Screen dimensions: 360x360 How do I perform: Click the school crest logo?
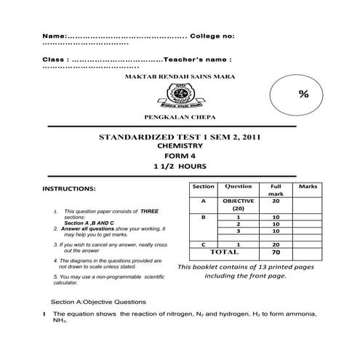pyautogui.click(x=180, y=94)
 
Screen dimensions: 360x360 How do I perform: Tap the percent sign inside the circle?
pyautogui.click(x=303, y=95)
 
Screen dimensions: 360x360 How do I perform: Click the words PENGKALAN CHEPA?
pyautogui.click(x=180, y=116)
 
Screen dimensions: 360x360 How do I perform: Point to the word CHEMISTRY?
pyautogui.click(x=179, y=145)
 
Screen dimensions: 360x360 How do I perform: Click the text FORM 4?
pyautogui.click(x=179, y=156)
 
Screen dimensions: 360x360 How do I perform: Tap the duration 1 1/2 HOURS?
pyautogui.click(x=180, y=167)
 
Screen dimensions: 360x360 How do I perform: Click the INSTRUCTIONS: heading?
pyautogui.click(x=70, y=189)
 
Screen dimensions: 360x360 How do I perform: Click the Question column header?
pyautogui.click(x=239, y=187)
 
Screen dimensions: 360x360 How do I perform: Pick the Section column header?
pyautogui.click(x=204, y=187)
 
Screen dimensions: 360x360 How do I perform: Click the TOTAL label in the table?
pyautogui.click(x=224, y=252)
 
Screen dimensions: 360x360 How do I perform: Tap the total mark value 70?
pyautogui.click(x=276, y=252)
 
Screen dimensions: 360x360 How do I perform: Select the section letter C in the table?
pyautogui.click(x=204, y=244)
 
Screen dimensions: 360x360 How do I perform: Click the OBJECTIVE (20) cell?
pyautogui.click(x=239, y=204)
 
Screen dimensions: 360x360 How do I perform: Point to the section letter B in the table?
pyautogui.click(x=204, y=217)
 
